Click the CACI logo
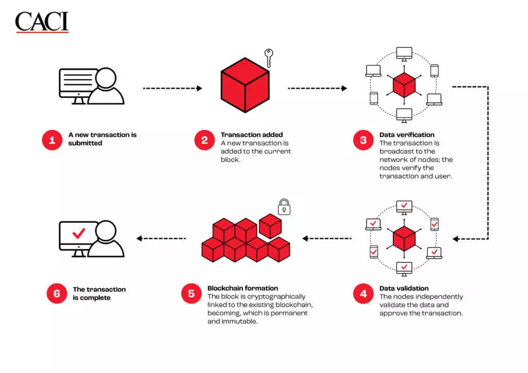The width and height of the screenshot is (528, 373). (42, 22)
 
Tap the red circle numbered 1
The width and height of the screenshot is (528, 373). (52, 140)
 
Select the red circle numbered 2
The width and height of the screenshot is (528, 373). (204, 140)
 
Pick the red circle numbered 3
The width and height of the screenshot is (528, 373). (363, 140)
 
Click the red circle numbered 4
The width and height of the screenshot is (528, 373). (363, 294)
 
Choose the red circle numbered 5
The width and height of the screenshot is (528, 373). (191, 294)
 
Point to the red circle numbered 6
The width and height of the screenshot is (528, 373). (57, 294)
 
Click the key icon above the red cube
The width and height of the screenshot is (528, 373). (268, 58)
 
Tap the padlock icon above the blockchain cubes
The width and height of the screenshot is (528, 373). (284, 207)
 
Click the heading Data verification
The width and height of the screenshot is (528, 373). (407, 135)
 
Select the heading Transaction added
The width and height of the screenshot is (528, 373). (252, 135)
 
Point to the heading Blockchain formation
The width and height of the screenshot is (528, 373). (242, 288)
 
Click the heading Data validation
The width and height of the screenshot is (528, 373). (404, 288)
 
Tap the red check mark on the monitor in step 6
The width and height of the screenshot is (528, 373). (79, 233)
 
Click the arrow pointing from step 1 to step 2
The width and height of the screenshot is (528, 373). (172, 88)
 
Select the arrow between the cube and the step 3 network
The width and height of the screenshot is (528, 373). (317, 88)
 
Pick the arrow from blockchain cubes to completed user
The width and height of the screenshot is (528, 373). (161, 239)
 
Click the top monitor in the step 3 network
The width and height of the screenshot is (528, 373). (404, 54)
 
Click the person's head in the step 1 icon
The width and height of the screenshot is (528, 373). (106, 78)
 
